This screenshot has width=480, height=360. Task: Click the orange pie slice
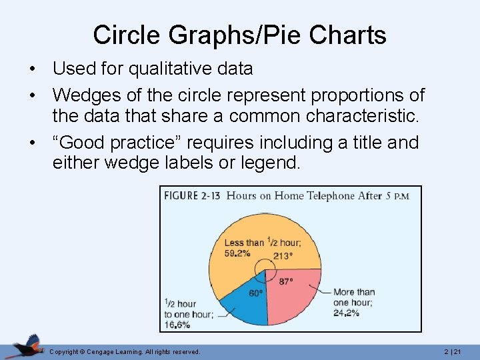click(233, 267)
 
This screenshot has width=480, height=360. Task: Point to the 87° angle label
click(285, 282)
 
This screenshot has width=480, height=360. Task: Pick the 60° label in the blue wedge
click(255, 293)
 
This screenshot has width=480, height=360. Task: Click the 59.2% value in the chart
click(237, 253)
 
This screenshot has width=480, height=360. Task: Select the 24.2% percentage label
click(346, 312)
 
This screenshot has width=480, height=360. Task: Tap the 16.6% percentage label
click(178, 325)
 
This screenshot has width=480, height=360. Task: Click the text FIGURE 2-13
click(191, 195)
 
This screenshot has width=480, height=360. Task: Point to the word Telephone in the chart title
click(330, 195)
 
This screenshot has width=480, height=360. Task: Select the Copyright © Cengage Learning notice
click(125, 351)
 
